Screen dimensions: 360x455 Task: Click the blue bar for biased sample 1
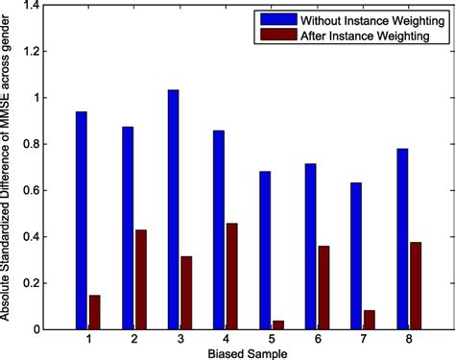(82, 221)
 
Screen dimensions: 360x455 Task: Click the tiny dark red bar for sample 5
(278, 324)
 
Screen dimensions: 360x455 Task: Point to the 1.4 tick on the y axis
(36, 6)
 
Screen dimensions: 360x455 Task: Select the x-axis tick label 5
(272, 339)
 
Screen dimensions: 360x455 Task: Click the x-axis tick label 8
(410, 339)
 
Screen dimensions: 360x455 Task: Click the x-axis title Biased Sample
(249, 352)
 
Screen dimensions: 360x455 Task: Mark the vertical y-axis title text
(9, 169)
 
